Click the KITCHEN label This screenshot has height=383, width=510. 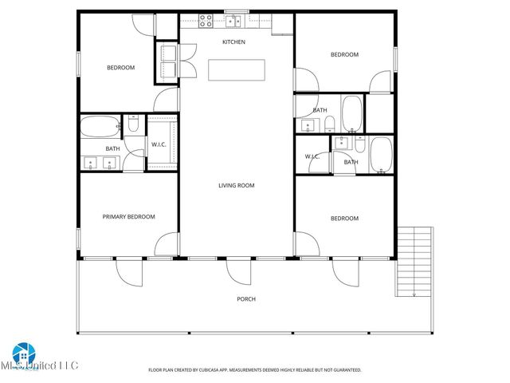point(233,41)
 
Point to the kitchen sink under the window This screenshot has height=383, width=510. point(236,21)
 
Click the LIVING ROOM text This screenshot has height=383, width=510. point(237,185)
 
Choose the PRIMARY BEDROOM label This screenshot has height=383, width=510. point(128,216)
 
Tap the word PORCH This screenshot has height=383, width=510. point(246,299)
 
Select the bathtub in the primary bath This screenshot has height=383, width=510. point(99,126)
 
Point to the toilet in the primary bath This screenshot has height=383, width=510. point(132,124)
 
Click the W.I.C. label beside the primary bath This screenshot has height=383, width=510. point(158,144)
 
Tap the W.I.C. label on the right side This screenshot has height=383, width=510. point(312,156)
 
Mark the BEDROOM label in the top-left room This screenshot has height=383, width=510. point(121,67)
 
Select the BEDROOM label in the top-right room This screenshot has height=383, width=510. point(344,54)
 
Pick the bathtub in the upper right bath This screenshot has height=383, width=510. point(351,113)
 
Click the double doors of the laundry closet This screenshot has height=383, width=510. point(188,59)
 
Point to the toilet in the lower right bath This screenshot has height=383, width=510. point(361,144)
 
